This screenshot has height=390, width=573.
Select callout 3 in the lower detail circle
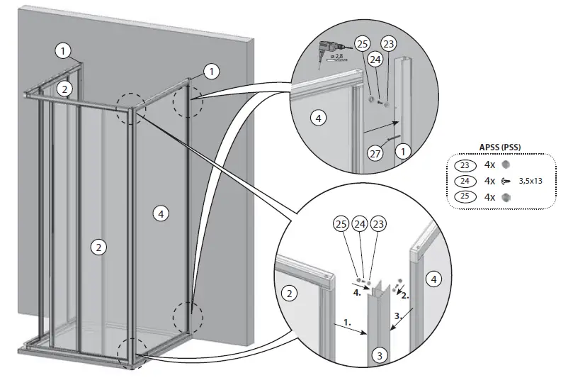click(380, 355)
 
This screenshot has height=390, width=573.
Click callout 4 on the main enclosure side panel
click(161, 212)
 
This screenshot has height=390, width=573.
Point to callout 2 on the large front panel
click(98, 247)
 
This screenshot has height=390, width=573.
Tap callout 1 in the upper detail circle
click(403, 152)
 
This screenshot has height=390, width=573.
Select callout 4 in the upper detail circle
click(318, 118)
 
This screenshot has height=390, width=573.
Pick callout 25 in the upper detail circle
click(362, 45)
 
